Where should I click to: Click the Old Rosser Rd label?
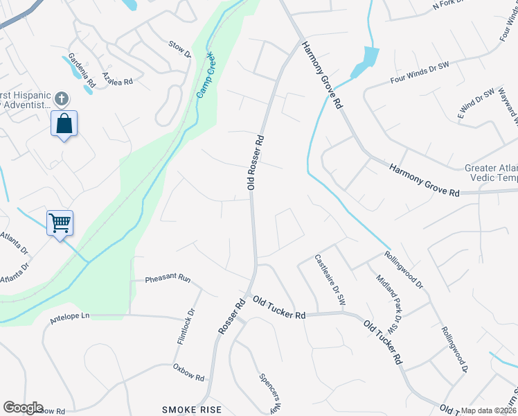coord(256,162)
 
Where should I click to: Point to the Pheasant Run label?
coord(168,279)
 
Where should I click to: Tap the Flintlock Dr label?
coord(185,332)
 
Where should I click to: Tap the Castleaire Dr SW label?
coord(330,282)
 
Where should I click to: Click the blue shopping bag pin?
coord(64,125)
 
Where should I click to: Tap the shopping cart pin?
coord(60,223)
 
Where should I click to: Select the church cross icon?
coord(62,98)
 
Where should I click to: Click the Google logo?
coord(23,408)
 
